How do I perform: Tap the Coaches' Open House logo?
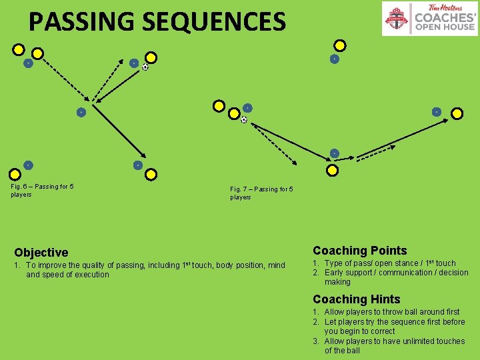tap(429, 19)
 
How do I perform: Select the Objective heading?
tap(41, 253)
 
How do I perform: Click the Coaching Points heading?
tap(359, 251)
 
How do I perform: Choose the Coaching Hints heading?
tap(357, 299)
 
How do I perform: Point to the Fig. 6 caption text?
tap(42, 190)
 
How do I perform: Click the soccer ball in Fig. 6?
tap(145, 67)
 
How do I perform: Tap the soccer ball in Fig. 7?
tap(243, 120)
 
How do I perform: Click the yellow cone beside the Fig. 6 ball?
tap(151, 57)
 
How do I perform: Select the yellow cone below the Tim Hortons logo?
tap(340, 46)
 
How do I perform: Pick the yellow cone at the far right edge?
tap(457, 113)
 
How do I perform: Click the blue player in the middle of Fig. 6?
tap(80, 112)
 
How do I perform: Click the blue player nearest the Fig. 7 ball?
tap(247, 108)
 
